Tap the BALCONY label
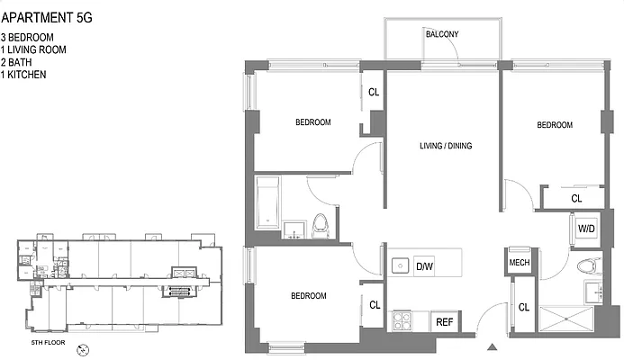coord(442,35)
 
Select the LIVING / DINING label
coord(445,146)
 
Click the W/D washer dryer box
coord(586,229)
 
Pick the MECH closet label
coord(519,263)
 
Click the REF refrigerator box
coord(444,321)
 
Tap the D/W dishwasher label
coord(425,265)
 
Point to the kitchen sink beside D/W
coord(401,265)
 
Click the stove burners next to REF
coord(401,319)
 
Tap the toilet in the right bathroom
coord(588,265)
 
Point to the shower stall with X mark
coord(566,319)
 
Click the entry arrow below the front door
coord(491,347)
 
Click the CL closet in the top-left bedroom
coord(374,92)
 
